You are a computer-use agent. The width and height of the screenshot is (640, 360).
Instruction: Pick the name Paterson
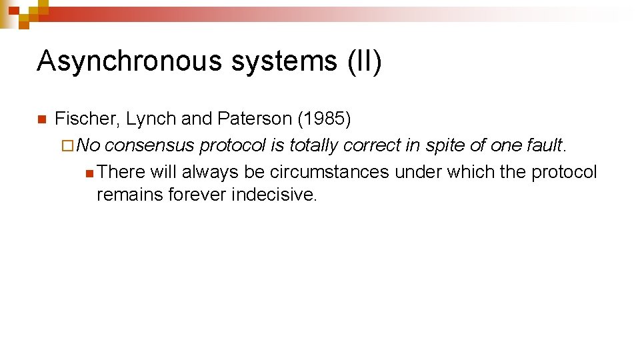point(254,119)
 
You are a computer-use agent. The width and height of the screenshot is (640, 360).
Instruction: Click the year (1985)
point(324,119)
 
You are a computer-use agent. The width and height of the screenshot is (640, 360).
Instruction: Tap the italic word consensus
point(149,145)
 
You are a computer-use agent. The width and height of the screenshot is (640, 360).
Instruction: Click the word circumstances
point(329,172)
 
